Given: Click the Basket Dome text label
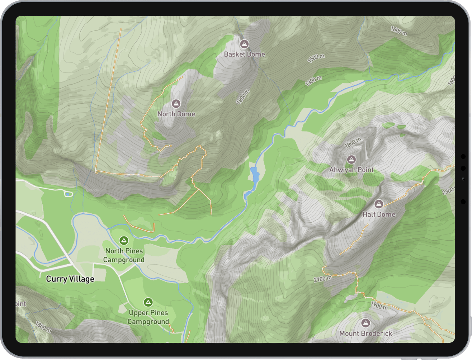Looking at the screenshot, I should [244, 55].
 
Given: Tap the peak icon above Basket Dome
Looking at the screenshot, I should [244, 44].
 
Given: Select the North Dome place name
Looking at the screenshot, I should [176, 114].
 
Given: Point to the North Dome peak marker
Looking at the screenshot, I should [176, 104].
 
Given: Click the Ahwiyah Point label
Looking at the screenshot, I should [351, 170].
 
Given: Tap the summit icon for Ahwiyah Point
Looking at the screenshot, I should [351, 160].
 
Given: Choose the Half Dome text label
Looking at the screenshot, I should [379, 214].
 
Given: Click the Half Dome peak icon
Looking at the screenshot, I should [378, 204].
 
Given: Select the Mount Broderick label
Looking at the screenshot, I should [365, 333].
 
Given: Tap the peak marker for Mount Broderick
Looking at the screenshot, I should [365, 323].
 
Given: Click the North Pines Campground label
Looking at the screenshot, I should [124, 255].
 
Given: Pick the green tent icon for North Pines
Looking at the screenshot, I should [124, 240].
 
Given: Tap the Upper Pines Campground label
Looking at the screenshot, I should [148, 317].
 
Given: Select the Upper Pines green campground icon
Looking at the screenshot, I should [148, 302].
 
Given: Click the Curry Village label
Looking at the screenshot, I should [70, 279].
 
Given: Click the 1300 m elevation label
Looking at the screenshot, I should [313, 81].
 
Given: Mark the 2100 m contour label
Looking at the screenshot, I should [322, 279].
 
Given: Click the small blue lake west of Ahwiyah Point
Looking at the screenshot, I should [255, 175].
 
